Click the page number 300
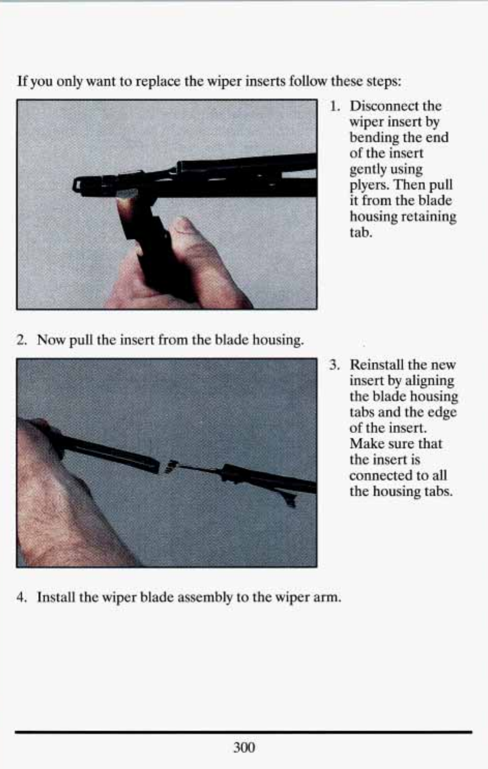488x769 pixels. (244, 747)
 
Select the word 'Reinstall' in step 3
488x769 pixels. (377, 364)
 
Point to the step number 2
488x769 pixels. (21, 340)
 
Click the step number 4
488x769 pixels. (21, 597)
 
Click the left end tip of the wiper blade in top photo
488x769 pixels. (74, 186)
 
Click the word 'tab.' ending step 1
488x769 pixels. (361, 233)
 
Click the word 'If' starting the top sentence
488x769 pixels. (22, 81)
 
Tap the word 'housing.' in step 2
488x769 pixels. (278, 341)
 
